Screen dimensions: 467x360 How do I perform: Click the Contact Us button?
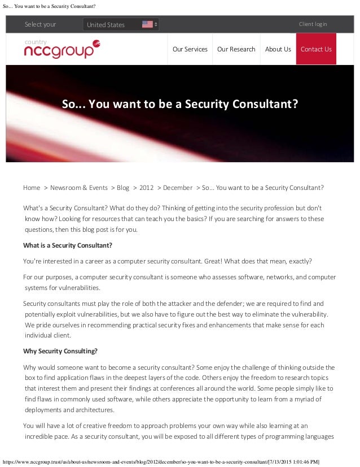point(316,49)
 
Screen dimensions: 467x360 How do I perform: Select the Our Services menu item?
point(190,49)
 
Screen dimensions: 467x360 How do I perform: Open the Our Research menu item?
point(236,49)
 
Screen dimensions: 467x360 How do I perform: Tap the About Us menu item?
point(278,49)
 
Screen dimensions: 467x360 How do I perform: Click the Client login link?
point(313,24)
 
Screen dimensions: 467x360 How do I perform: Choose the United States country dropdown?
point(121,24)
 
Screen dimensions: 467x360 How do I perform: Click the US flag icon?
point(147,24)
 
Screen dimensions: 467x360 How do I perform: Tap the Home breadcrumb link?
point(32,188)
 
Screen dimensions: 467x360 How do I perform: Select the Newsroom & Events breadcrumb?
point(78,188)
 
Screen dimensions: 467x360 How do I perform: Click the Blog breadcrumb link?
point(123,188)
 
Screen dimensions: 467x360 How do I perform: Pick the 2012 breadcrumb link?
point(146,188)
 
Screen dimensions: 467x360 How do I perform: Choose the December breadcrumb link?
point(177,188)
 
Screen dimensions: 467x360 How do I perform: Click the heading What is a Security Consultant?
point(68,245)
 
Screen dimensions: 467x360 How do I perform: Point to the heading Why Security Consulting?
point(60,351)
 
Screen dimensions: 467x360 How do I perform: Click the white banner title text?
point(179,105)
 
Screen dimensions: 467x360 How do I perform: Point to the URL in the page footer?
point(161,462)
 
